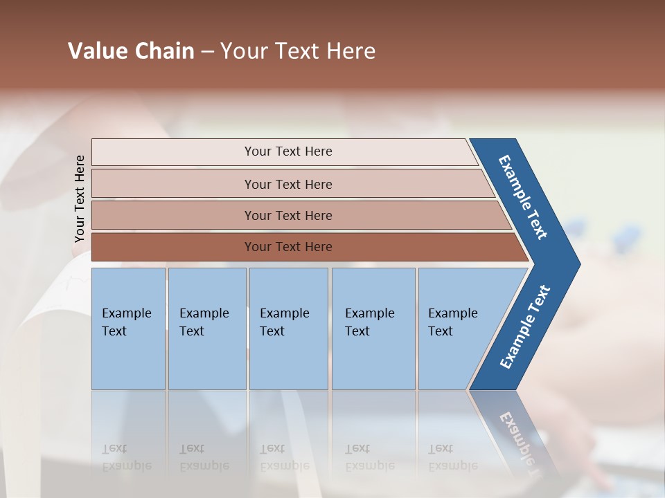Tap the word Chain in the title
(x=164, y=51)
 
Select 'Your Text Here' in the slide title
(x=298, y=51)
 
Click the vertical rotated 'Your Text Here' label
(x=80, y=199)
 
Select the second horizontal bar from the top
(x=287, y=184)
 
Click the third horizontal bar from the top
(x=287, y=215)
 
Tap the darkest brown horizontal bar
(x=287, y=247)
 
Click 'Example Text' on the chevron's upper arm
(x=523, y=197)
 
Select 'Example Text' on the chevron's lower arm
(x=524, y=327)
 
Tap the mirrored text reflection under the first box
(x=126, y=457)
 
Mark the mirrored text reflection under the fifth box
(x=452, y=457)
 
